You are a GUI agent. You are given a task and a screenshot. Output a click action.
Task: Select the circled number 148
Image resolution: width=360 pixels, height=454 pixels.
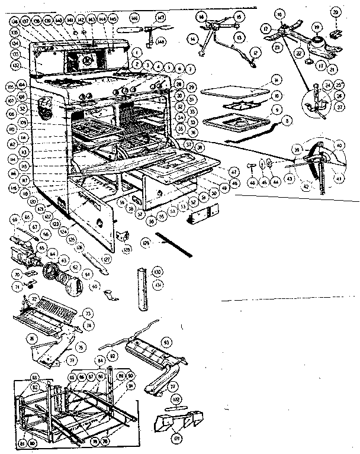[x=161, y=41]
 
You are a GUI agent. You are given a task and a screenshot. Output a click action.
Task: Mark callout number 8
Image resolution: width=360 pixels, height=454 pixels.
[x=288, y=121]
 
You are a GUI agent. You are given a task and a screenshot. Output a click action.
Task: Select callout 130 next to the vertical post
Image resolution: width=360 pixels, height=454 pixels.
[x=157, y=272]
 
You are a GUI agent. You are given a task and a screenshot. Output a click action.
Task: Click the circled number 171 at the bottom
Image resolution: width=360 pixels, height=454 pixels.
[x=159, y=439]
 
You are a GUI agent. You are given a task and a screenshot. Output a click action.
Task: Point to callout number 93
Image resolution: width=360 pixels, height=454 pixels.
[x=168, y=342]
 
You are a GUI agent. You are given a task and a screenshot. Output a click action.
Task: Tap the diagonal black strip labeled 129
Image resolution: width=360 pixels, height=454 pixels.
[x=175, y=244]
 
